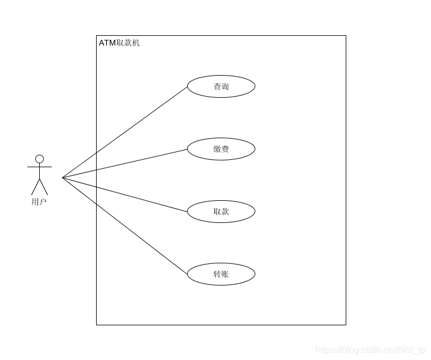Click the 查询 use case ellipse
tap(221, 86)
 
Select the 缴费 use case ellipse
tap(221, 149)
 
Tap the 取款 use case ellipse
tap(221, 212)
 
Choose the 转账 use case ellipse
tap(221, 274)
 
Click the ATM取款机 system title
tap(119, 43)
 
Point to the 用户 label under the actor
tap(39, 201)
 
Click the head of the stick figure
tap(39, 159)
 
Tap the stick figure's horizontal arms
tap(39, 167)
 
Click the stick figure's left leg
tap(35, 187)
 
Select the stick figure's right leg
tap(44, 187)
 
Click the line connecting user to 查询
tap(125, 132)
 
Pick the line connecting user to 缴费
tap(125, 163)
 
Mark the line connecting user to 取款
tap(125, 195)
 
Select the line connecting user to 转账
tap(125, 226)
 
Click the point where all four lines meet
tap(63, 178)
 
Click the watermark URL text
tap(370, 350)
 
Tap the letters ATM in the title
tap(107, 43)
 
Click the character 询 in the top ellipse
tap(225, 86)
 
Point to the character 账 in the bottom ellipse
tap(225, 274)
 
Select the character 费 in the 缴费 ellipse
tap(225, 149)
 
